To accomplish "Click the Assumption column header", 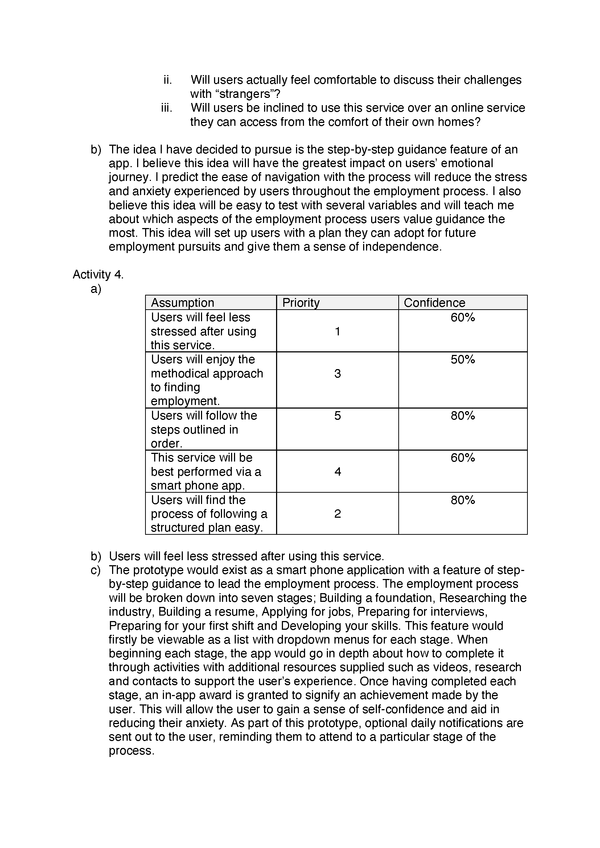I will point(182,302).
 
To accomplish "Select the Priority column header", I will point(301,302).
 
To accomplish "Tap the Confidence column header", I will point(434,302).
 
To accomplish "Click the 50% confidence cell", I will point(463,359).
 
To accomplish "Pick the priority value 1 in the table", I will point(337,331).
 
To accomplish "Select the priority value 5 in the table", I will point(337,415).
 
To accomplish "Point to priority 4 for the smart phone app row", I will point(337,472).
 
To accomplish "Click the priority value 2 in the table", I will point(337,514).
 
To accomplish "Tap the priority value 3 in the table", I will point(337,373).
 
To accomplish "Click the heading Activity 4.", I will point(98,274).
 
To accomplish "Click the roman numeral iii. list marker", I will point(167,108).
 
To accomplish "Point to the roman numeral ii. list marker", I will point(168,80).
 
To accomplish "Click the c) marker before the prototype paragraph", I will point(96,570).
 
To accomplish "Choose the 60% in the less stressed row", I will point(463,317).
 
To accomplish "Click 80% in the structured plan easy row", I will point(463,500).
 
